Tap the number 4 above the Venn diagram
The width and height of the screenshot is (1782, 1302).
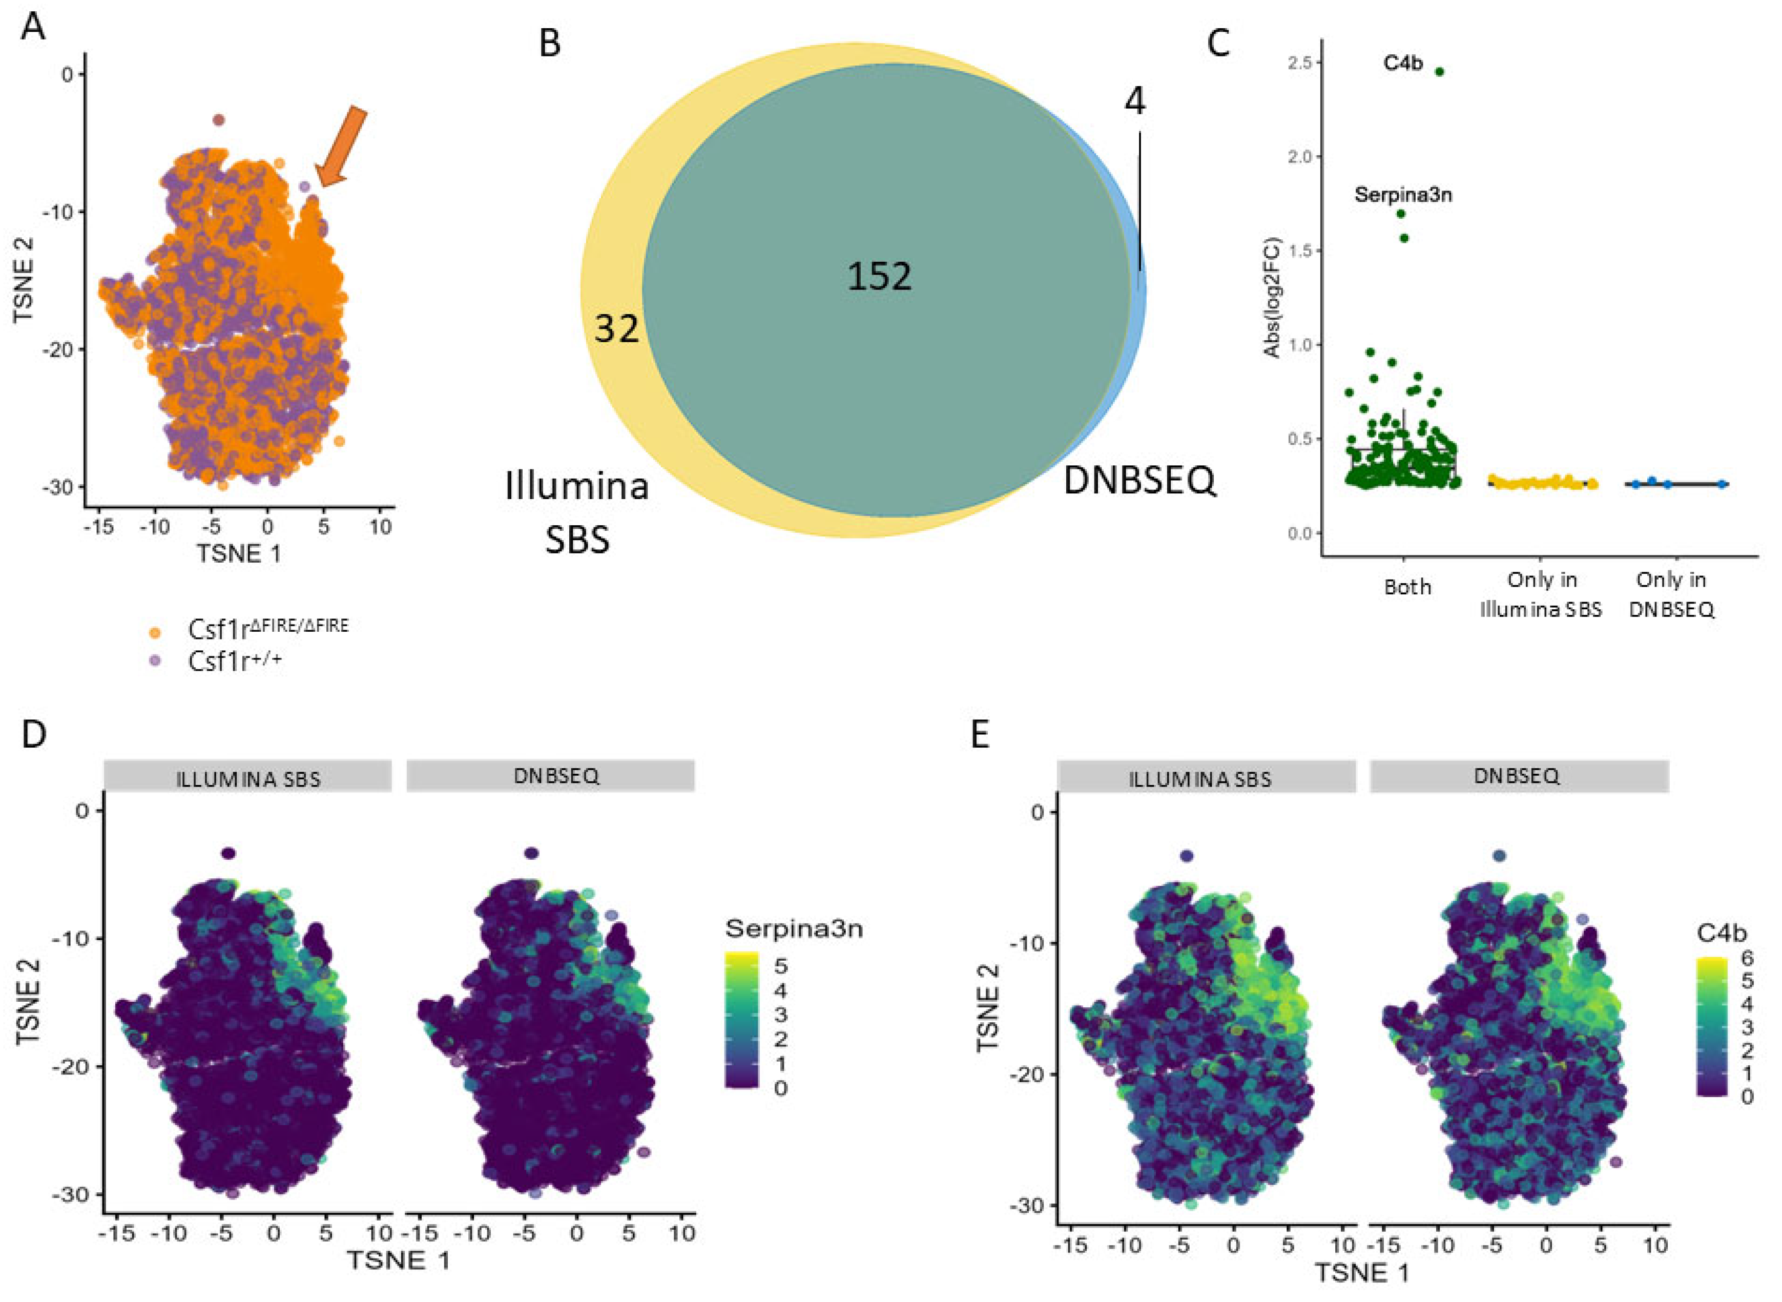pyautogui.click(x=1134, y=101)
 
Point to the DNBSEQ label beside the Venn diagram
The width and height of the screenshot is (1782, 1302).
pyautogui.click(x=1139, y=480)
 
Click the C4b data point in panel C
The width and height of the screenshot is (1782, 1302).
pyautogui.click(x=1439, y=72)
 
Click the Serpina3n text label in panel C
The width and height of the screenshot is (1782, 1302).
pyautogui.click(x=1403, y=194)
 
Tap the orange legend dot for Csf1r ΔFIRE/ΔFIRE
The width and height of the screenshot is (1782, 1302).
pyautogui.click(x=155, y=631)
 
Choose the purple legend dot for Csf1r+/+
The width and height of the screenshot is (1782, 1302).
pyautogui.click(x=155, y=661)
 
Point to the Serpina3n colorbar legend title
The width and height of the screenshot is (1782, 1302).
pyautogui.click(x=793, y=929)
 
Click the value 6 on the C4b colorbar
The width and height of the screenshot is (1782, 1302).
pyautogui.click(x=1747, y=958)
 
